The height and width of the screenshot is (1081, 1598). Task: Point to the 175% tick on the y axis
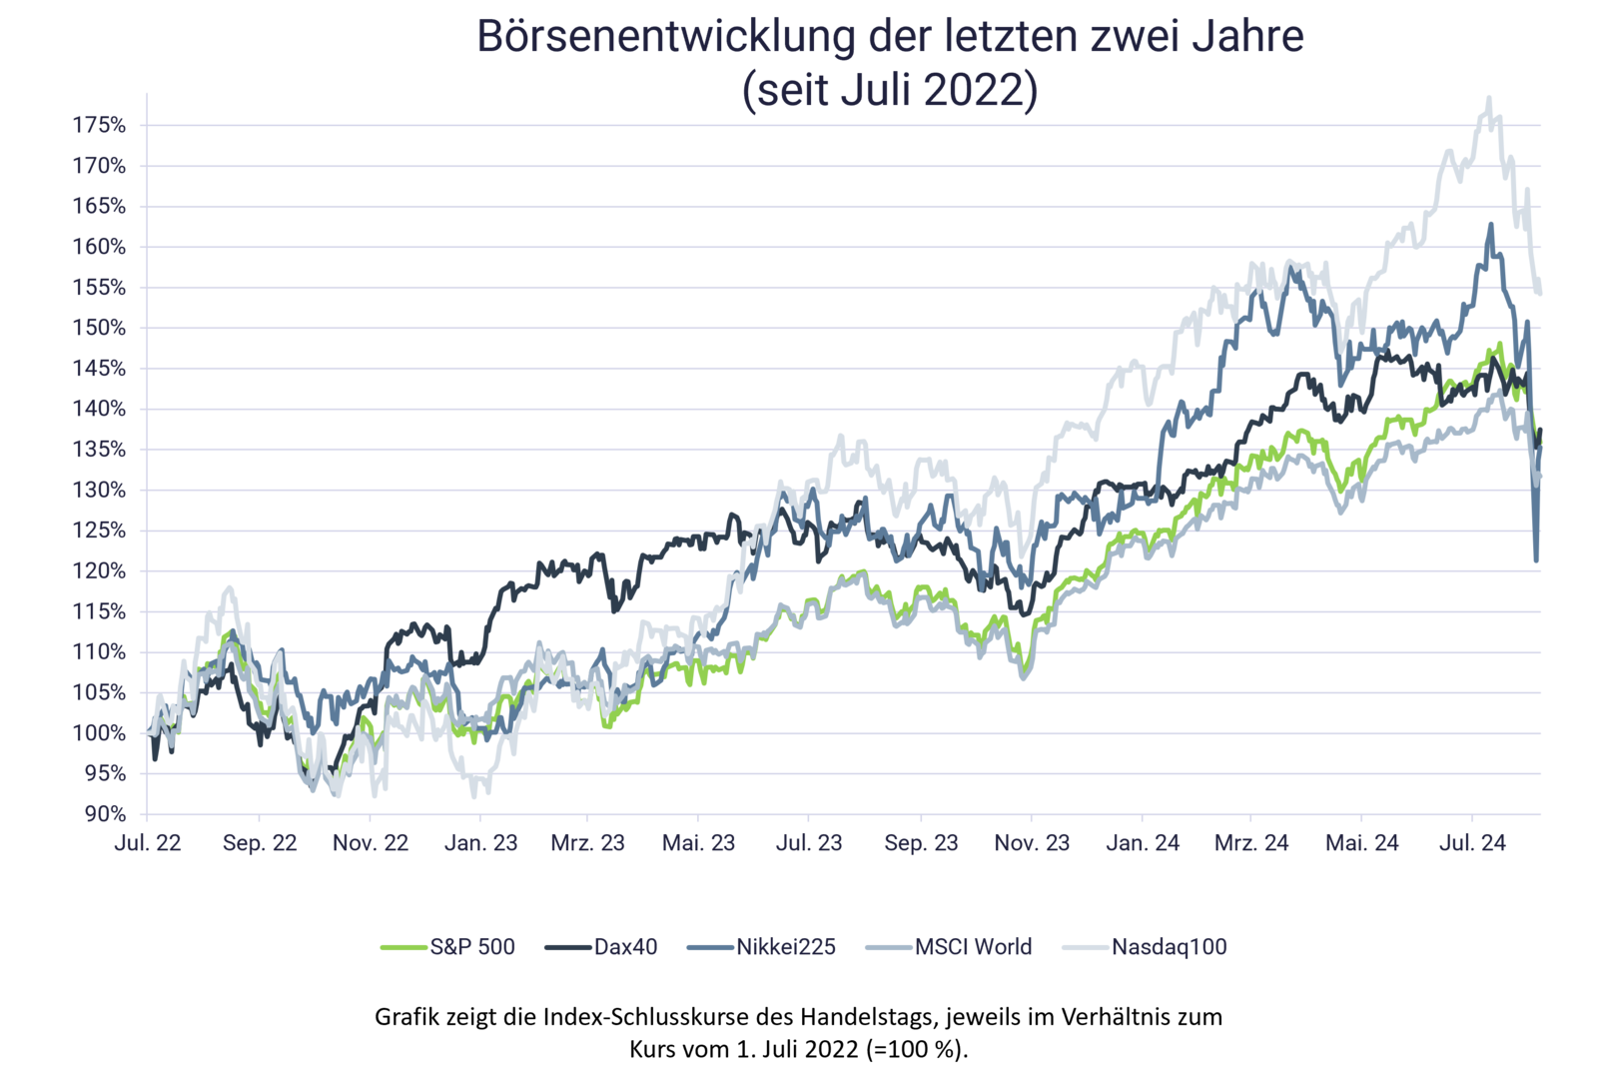[x=99, y=126]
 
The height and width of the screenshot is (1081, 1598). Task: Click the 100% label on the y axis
[x=99, y=733]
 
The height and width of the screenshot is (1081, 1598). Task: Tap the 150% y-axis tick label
[x=99, y=329]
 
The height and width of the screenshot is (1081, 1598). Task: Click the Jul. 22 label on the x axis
[x=148, y=843]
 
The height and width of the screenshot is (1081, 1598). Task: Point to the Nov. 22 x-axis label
[x=371, y=843]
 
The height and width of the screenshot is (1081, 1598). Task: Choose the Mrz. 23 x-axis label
[x=588, y=843]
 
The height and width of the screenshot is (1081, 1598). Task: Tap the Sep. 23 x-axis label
[x=921, y=843]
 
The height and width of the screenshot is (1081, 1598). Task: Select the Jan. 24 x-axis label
[x=1143, y=843]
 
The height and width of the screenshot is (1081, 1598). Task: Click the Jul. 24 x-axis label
[x=1472, y=843]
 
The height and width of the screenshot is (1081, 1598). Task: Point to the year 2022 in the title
[x=980, y=91]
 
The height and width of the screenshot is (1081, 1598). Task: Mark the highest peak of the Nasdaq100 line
[x=1489, y=97]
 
